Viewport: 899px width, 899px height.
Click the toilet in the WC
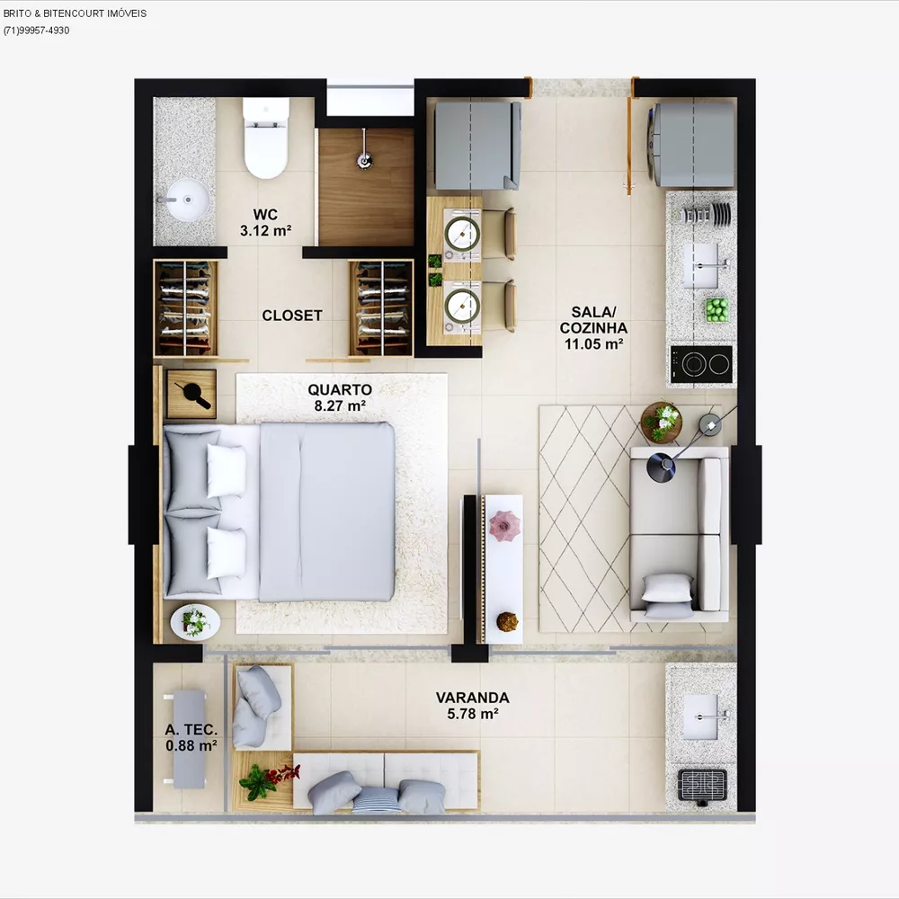[x=266, y=139]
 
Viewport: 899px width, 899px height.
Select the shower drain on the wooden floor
[x=365, y=161]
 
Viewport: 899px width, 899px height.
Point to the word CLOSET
[x=292, y=316]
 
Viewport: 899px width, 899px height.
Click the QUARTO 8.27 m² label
[x=339, y=397]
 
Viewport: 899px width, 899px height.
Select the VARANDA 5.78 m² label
[x=472, y=705]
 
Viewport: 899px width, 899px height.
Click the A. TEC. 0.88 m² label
[x=191, y=737]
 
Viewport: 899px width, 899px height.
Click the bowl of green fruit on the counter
[x=717, y=309]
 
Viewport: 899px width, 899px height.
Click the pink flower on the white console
[x=503, y=522]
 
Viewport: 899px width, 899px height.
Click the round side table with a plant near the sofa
[x=662, y=421]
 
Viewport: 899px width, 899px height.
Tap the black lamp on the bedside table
[x=191, y=392]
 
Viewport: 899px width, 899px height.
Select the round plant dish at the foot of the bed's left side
[x=194, y=621]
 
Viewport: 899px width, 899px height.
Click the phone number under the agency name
[x=36, y=31]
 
